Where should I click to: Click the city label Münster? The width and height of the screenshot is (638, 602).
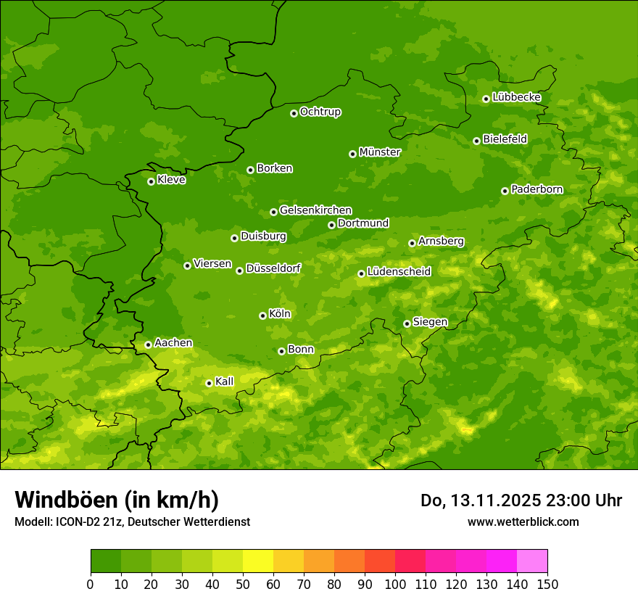pyautogui.click(x=380, y=152)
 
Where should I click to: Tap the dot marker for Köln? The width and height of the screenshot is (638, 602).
pyautogui.click(x=262, y=316)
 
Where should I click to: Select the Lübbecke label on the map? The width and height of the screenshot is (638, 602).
pyautogui.click(x=516, y=97)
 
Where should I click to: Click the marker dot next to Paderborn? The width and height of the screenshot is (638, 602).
pyautogui.click(x=505, y=191)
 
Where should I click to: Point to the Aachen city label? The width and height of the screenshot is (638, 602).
pyautogui.click(x=173, y=343)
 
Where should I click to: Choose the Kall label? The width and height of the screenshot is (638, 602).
pyautogui.click(x=225, y=382)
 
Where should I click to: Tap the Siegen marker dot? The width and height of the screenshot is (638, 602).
pyautogui.click(x=407, y=323)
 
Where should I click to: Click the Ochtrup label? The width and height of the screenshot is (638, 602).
pyautogui.click(x=320, y=112)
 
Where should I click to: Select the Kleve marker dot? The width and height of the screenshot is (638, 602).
pyautogui.click(x=151, y=181)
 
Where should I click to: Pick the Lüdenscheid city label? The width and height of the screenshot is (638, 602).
pyautogui.click(x=399, y=272)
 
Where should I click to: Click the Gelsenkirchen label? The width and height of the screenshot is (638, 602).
pyautogui.click(x=315, y=210)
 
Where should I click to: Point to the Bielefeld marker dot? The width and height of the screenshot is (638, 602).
pyautogui.click(x=476, y=141)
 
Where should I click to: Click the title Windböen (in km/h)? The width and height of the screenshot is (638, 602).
pyautogui.click(x=117, y=500)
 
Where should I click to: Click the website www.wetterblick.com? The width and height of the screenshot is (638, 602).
pyautogui.click(x=523, y=521)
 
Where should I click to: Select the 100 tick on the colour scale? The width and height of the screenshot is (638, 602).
pyautogui.click(x=395, y=584)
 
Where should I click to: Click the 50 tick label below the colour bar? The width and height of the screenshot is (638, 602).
pyautogui.click(x=243, y=584)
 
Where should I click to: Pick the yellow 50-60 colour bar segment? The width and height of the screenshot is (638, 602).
pyautogui.click(x=258, y=561)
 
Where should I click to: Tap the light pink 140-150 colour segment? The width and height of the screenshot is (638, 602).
pyautogui.click(x=532, y=561)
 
